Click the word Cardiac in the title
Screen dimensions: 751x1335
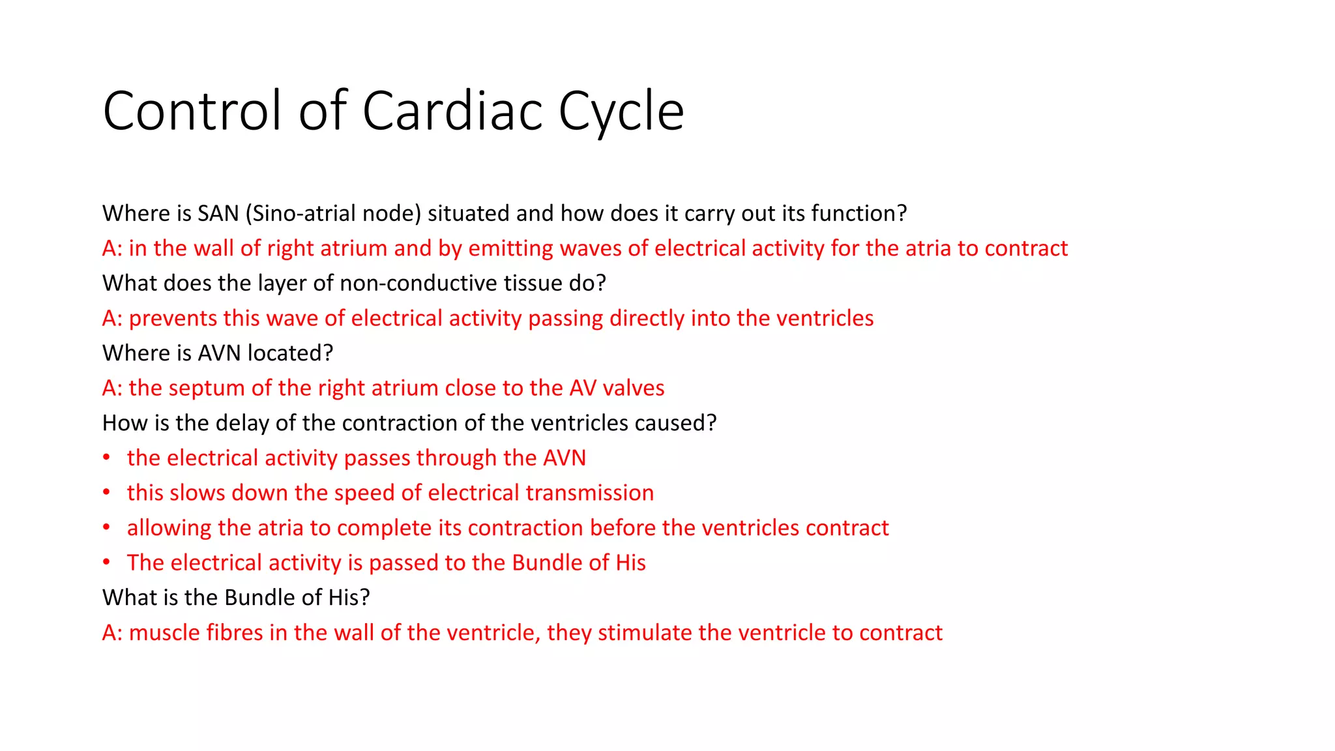click(x=453, y=111)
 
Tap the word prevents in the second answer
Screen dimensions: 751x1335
click(x=173, y=318)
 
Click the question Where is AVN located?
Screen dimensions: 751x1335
click(x=218, y=353)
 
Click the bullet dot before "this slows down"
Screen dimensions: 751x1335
click(x=106, y=493)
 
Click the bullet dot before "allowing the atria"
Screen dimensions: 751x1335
click(x=106, y=527)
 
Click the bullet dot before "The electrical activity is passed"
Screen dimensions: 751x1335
click(x=106, y=563)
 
